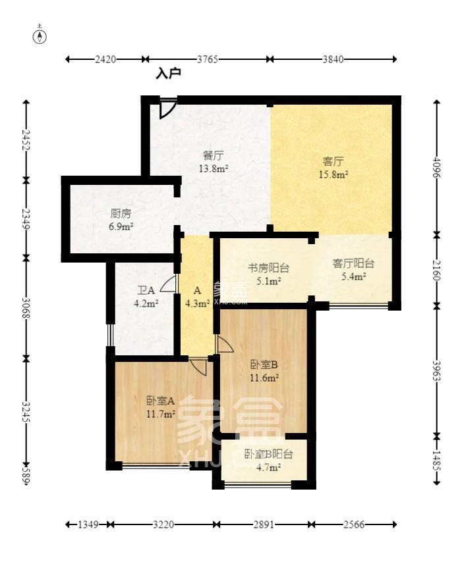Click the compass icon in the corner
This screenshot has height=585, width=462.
pyautogui.click(x=40, y=36)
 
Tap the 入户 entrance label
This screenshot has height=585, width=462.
pyautogui.click(x=168, y=74)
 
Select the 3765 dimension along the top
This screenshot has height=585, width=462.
pyautogui.click(x=208, y=59)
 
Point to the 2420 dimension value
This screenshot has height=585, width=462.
pyautogui.click(x=105, y=59)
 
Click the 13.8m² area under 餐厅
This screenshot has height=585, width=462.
pyautogui.click(x=214, y=168)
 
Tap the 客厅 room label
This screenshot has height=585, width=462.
pyautogui.click(x=333, y=161)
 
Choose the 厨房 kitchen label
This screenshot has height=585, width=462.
pyautogui.click(x=121, y=213)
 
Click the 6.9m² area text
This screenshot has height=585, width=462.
pyautogui.click(x=121, y=226)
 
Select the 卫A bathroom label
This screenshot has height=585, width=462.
pyautogui.click(x=146, y=290)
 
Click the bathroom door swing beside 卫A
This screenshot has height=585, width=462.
pyautogui.click(x=168, y=284)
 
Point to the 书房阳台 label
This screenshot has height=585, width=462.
pyautogui.click(x=269, y=268)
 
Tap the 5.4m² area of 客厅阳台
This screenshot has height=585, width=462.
pyautogui.click(x=353, y=276)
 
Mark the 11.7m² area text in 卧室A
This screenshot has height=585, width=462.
pyautogui.click(x=161, y=414)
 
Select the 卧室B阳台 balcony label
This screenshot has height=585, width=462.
pyautogui.click(x=268, y=454)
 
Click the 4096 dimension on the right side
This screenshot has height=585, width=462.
pyautogui.click(x=437, y=168)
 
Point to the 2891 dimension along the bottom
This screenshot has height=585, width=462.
pyautogui.click(x=264, y=524)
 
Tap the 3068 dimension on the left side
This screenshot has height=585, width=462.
pyautogui.click(x=26, y=308)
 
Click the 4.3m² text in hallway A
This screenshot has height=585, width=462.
pyautogui.click(x=198, y=304)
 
